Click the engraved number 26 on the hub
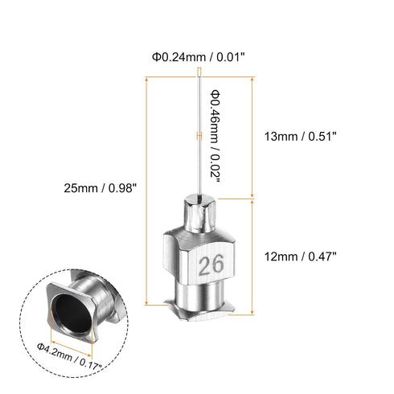[x=213, y=265]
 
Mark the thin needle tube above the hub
[x=196, y=145]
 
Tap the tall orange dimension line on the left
[x=146, y=190]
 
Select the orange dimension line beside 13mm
[x=253, y=137]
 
